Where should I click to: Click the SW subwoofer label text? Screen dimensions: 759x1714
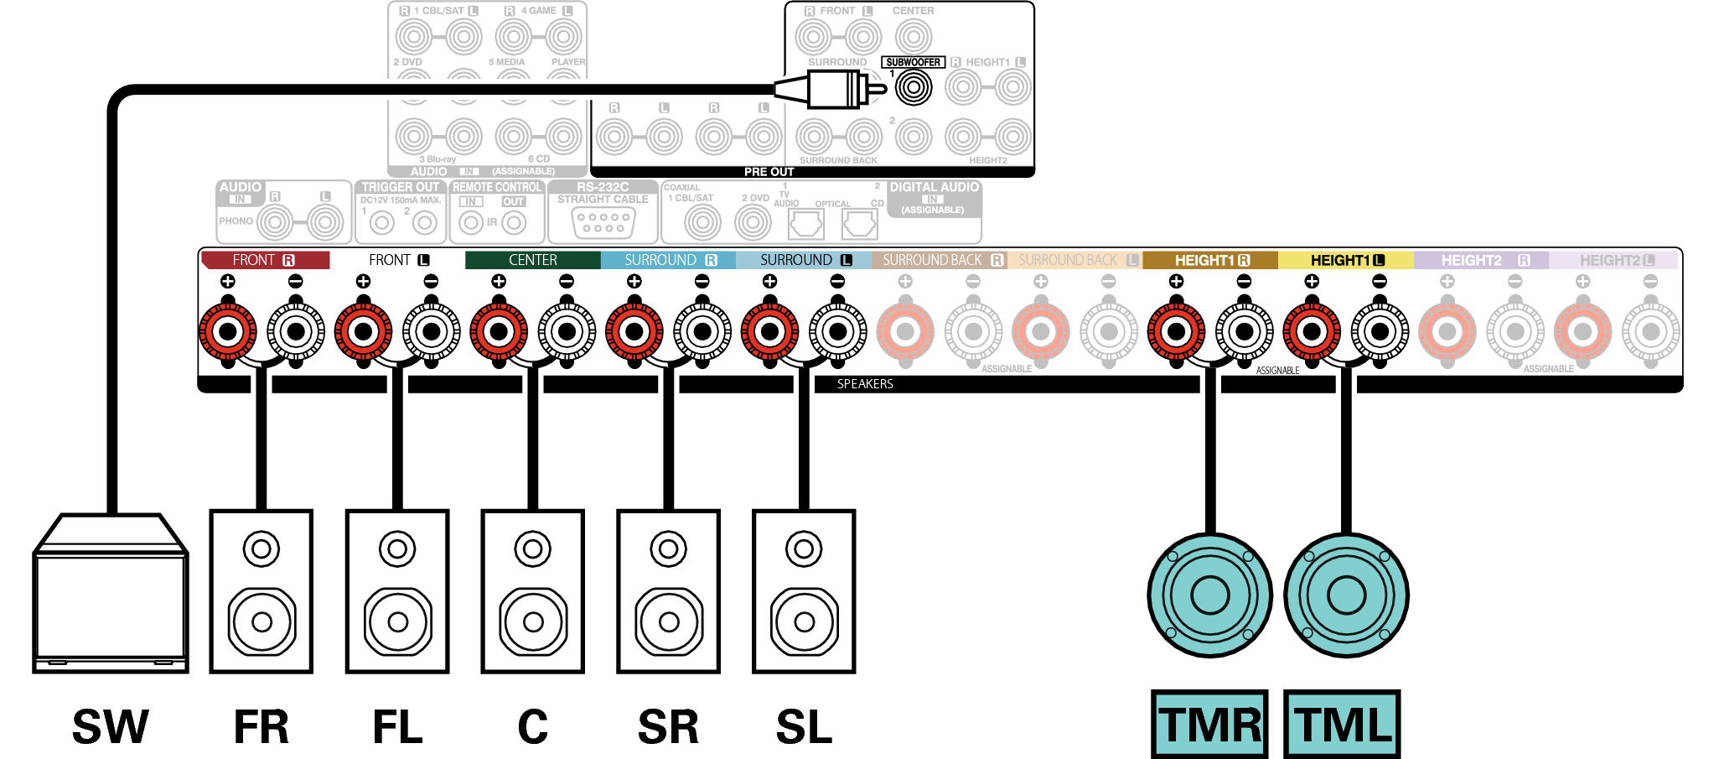tap(111, 726)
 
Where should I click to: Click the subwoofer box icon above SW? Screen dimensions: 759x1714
tap(110, 595)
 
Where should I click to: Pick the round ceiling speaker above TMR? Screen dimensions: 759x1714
tap(1209, 595)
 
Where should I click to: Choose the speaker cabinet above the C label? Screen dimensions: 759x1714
tap(532, 591)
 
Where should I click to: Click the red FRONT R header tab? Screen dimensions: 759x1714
tap(265, 260)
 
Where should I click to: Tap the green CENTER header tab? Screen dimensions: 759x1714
tap(532, 260)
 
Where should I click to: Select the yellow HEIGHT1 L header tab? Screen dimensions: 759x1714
tap(1345, 260)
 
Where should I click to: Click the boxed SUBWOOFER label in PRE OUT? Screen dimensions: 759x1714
tap(913, 62)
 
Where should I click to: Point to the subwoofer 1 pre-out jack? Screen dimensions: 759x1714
tap(914, 87)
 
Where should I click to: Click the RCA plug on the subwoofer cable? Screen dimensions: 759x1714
tap(834, 88)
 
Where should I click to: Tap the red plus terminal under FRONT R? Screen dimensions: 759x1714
tap(227, 331)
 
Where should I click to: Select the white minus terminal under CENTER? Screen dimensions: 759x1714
tap(567, 331)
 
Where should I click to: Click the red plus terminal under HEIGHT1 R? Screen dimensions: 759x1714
tap(1176, 331)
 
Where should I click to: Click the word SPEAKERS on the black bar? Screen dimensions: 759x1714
tap(865, 384)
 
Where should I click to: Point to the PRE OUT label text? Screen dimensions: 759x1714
tap(769, 172)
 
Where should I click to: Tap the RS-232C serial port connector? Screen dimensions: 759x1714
tap(603, 222)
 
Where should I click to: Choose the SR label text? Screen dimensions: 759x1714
tap(668, 726)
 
